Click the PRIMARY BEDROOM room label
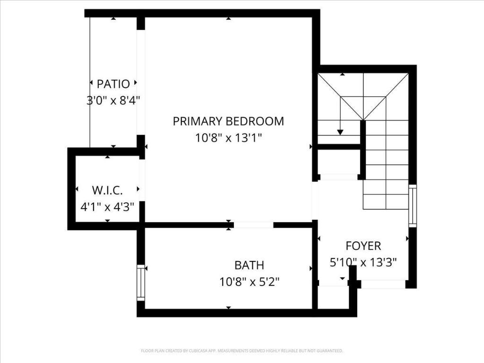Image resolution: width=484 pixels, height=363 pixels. point(228,121)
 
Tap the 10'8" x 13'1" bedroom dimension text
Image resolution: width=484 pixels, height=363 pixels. point(228,138)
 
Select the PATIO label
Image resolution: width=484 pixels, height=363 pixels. point(113,84)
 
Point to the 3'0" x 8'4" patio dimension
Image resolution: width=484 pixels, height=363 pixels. point(113,100)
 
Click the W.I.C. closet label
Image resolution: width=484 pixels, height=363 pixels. point(107,190)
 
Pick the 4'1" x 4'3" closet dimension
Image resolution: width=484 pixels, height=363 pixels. point(107,207)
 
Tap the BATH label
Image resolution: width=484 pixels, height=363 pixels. point(249,265)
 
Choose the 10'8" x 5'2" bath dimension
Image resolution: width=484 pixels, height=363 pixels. point(249,282)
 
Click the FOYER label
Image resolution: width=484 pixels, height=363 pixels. point(363,246)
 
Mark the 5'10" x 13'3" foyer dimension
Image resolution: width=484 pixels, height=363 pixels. point(363,262)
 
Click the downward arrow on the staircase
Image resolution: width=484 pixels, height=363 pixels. point(340,131)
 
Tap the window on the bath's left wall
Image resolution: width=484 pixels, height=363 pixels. point(140,283)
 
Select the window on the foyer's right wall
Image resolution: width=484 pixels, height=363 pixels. point(413,206)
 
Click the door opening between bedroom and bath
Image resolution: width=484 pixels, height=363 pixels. point(253,225)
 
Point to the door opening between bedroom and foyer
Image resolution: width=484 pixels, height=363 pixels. point(315,201)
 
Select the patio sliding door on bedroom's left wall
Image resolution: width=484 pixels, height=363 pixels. point(140,82)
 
